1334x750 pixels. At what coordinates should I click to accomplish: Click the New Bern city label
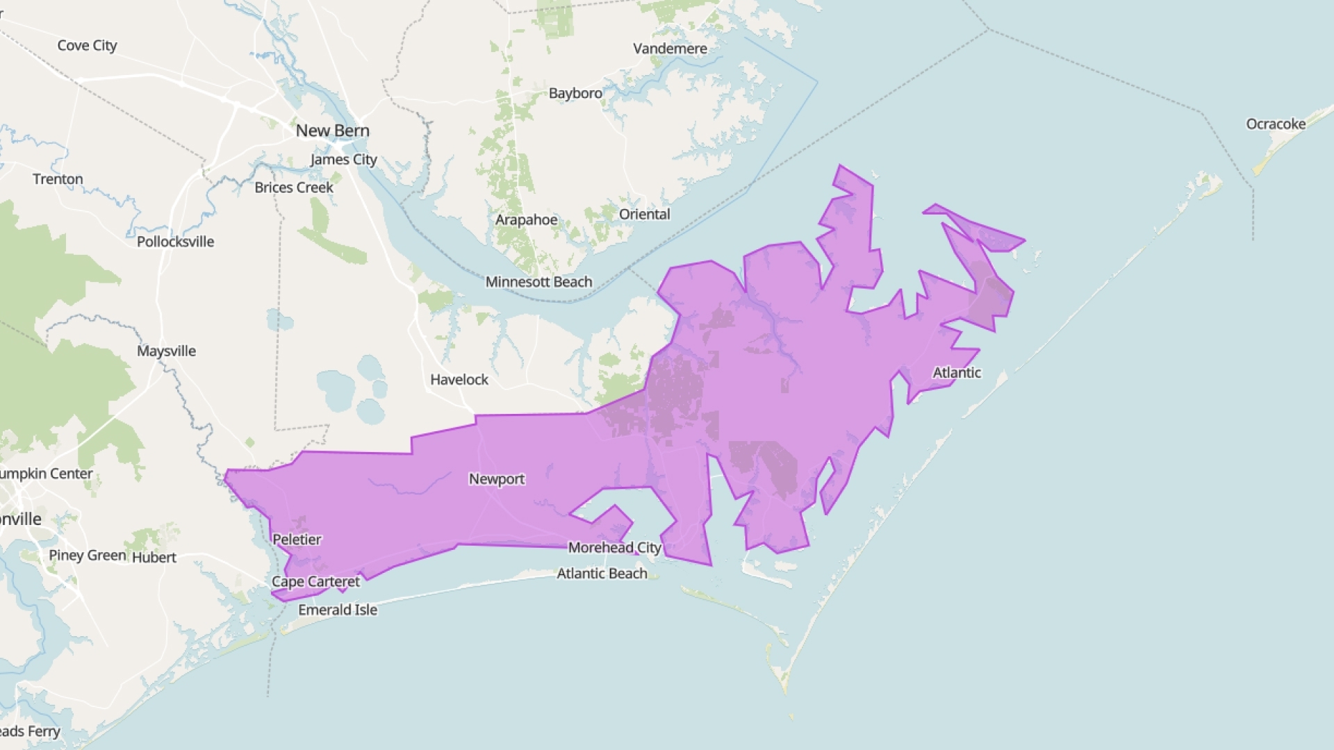[x=332, y=131]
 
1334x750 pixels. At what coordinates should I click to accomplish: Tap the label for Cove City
[x=87, y=45]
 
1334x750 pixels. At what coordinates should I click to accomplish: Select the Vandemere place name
[x=670, y=49]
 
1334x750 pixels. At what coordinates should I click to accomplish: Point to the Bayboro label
[x=575, y=93]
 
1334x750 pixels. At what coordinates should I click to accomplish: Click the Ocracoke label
[x=1276, y=124]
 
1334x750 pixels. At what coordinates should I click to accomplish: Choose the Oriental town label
[x=644, y=214]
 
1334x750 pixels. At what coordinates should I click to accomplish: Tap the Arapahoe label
[x=526, y=220]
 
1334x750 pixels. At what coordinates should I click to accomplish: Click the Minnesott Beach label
[x=538, y=282]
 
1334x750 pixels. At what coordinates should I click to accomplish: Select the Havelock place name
[x=459, y=380]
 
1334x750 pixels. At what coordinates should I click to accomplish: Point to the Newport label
[x=496, y=479]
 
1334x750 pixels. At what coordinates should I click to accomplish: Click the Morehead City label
[x=614, y=547]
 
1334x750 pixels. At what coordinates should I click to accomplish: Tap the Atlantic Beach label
[x=602, y=574]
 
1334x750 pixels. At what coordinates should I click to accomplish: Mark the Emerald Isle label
[x=338, y=610]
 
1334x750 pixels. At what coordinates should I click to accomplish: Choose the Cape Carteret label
[x=315, y=582]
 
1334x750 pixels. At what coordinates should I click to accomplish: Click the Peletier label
[x=297, y=540]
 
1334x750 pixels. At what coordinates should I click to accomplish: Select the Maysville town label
[x=166, y=351]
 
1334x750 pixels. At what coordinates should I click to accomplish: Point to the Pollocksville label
[x=175, y=242]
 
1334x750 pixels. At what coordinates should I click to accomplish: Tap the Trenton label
[x=58, y=179]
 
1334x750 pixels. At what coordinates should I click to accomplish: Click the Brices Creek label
[x=293, y=187]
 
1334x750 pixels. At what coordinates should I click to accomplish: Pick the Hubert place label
[x=154, y=558]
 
